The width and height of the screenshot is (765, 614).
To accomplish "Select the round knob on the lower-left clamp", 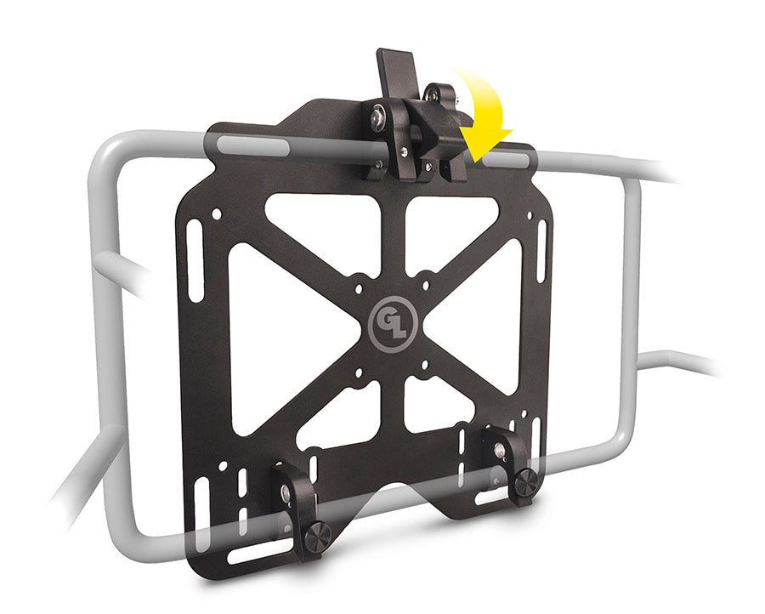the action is click(318, 536).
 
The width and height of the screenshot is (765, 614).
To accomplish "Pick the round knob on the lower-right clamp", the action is click(526, 481).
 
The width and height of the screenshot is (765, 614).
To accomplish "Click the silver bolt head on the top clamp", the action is click(378, 117).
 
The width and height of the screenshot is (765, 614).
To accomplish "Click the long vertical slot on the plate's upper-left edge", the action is click(195, 260).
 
